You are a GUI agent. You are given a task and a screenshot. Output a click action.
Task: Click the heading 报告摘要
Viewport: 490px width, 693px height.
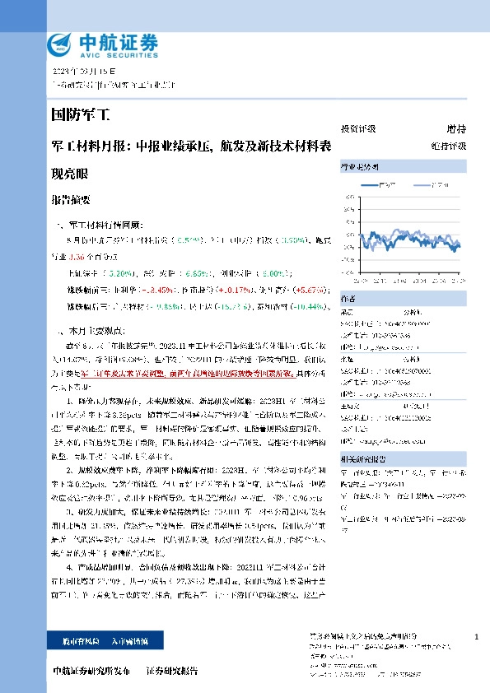pyautogui.click(x=70, y=200)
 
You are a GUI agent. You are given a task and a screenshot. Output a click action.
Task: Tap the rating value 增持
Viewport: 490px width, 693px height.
pyautogui.click(x=456, y=129)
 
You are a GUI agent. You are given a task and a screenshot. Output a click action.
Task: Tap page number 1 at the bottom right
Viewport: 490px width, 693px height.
pyautogui.click(x=476, y=638)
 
